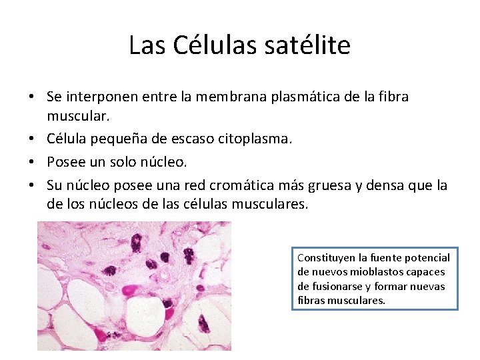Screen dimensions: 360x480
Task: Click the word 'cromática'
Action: (239, 185)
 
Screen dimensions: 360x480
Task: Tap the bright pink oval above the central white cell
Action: (131, 290)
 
